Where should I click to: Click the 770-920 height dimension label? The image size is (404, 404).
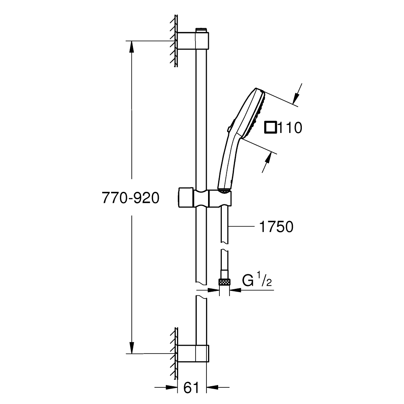click(130, 198)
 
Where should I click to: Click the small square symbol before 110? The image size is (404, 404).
click(270, 127)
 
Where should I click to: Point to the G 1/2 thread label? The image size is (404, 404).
click(257, 281)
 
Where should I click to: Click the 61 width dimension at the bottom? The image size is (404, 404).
click(192, 388)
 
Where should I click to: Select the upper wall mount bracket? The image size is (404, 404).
click(193, 41)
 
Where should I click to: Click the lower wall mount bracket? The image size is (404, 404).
click(193, 352)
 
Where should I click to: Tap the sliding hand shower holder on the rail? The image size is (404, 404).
click(205, 198)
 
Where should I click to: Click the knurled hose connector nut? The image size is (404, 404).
click(224, 282)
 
